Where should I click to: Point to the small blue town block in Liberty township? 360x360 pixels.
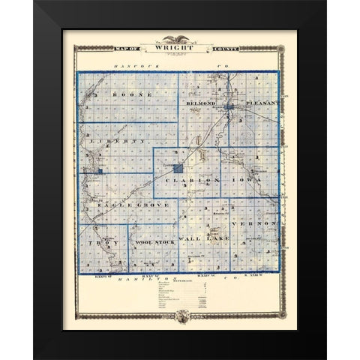[x=99, y=171]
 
